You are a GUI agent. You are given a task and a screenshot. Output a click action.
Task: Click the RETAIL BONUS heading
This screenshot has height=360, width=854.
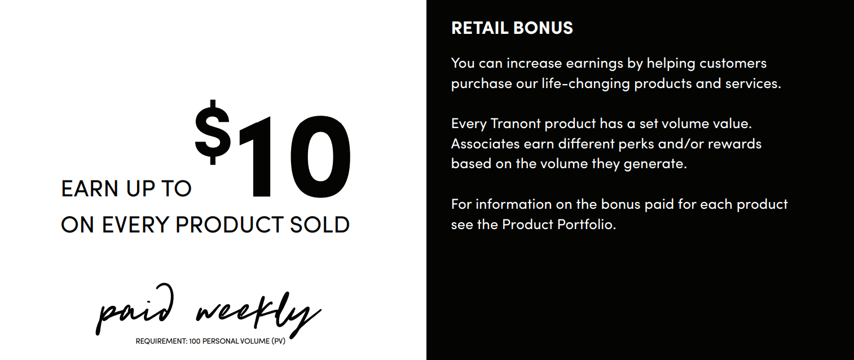(x=512, y=28)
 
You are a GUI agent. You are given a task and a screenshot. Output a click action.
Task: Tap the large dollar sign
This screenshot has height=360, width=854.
(x=213, y=133)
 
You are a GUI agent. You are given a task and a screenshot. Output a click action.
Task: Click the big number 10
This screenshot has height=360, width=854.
(x=294, y=156)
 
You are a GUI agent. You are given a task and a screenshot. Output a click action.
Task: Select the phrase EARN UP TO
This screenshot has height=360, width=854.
(x=126, y=188)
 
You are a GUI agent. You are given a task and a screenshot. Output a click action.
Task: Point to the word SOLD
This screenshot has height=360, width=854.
(x=319, y=225)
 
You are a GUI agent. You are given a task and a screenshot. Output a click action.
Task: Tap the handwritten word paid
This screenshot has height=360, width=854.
(x=135, y=309)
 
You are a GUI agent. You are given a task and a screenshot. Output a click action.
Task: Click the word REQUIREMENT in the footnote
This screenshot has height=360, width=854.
(x=161, y=341)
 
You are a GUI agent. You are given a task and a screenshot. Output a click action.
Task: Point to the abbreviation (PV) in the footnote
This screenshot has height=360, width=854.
(x=278, y=341)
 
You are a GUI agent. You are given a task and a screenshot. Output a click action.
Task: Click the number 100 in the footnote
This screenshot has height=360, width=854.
(x=195, y=341)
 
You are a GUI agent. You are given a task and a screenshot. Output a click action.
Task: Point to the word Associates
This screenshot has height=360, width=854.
(x=485, y=144)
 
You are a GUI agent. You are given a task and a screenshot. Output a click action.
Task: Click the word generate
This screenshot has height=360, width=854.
(x=655, y=164)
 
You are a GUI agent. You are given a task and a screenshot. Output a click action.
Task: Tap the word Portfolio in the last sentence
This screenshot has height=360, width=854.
(x=587, y=225)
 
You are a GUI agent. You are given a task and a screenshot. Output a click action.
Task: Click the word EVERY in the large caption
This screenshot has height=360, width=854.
(x=135, y=225)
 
